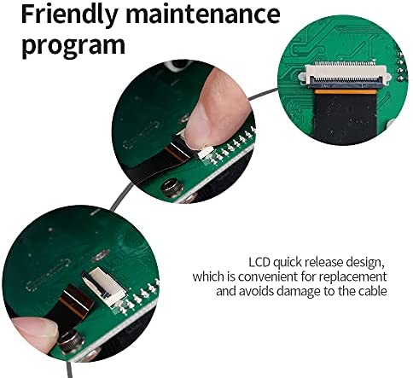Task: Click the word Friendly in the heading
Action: point(69,15)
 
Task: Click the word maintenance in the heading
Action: point(203,15)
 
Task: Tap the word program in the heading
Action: point(73,45)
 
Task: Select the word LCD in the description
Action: point(259,262)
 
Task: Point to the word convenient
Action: point(268,276)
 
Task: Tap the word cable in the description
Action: point(373,291)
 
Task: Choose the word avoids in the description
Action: point(257,291)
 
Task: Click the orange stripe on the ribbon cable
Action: point(344,91)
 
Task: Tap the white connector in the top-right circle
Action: point(345,73)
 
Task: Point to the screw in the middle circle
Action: point(172,187)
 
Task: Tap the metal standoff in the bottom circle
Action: point(71,343)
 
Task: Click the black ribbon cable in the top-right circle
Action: point(345,118)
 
